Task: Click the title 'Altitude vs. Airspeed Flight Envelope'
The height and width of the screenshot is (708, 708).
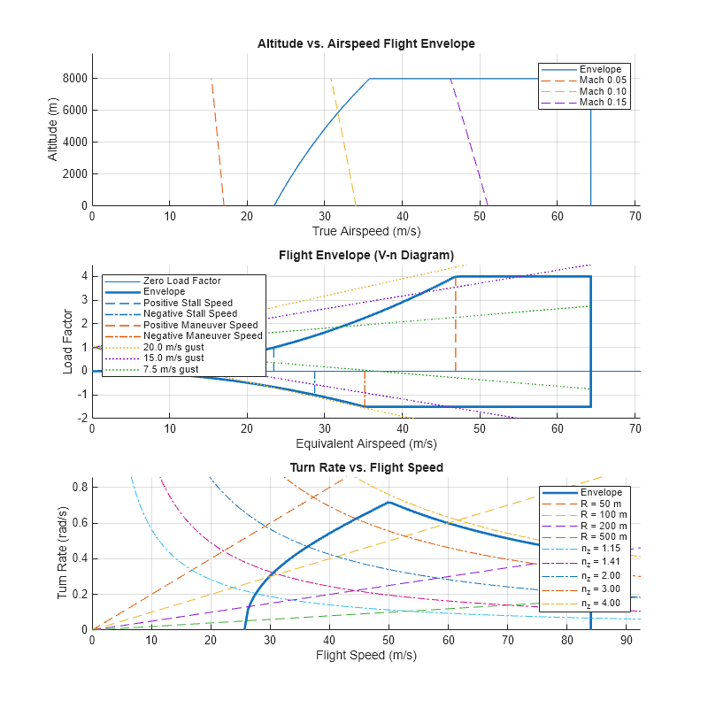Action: (366, 43)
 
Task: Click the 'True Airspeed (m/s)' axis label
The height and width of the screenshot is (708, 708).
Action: (366, 231)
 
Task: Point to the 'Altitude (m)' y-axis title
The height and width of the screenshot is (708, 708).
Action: (52, 129)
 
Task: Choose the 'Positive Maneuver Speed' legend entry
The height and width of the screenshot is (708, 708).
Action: (202, 325)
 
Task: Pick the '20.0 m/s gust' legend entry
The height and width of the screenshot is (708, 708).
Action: (173, 347)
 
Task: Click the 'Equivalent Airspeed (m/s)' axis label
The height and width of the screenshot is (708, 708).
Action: (366, 442)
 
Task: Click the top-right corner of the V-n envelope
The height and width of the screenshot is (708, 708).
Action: (590, 277)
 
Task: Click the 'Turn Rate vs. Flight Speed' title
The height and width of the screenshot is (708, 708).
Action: (366, 467)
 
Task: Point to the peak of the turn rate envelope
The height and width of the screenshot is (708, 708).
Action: (389, 503)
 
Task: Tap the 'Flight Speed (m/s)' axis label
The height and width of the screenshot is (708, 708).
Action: (366, 655)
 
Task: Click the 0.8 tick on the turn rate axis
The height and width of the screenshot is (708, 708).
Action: (77, 487)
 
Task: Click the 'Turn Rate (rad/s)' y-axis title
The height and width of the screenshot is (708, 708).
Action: (63, 554)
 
